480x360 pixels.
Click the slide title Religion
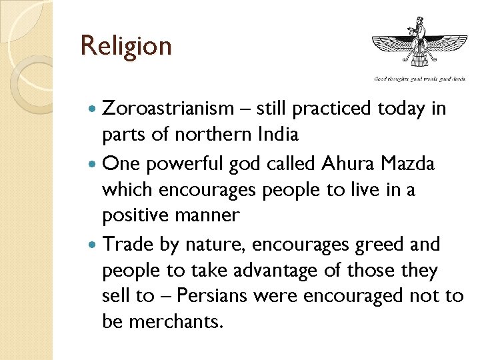coord(126,46)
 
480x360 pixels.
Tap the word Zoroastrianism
coord(169,108)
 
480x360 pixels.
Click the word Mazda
coord(410,163)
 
